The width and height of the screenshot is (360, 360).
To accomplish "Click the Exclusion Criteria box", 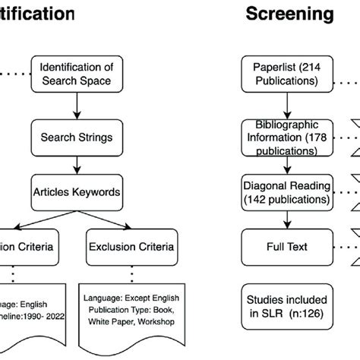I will (131, 226).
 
